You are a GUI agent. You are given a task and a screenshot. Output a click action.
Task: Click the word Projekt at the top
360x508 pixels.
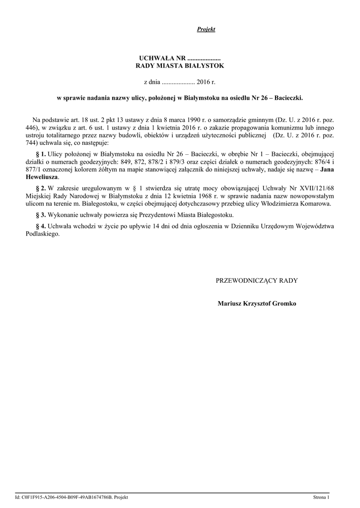[x=206, y=30]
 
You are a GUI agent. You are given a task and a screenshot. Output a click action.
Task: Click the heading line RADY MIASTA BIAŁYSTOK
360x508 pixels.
[x=180, y=65]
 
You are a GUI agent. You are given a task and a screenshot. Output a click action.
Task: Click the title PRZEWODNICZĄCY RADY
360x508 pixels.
[x=257, y=281]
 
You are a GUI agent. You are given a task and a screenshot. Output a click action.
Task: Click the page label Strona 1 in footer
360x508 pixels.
[x=321, y=497]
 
